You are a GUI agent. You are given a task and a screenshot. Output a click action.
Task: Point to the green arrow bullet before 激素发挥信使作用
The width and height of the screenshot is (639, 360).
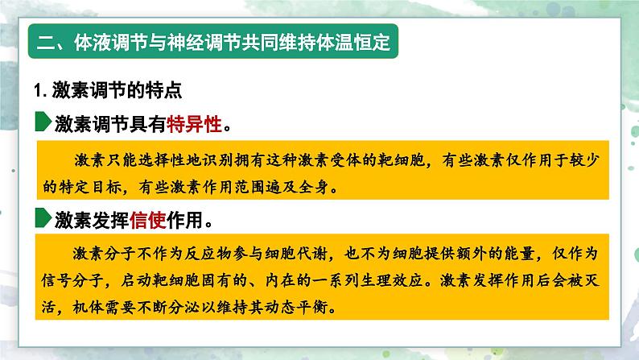pos(45,218)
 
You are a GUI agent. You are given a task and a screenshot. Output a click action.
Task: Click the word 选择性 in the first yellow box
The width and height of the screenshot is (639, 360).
pos(167,158)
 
